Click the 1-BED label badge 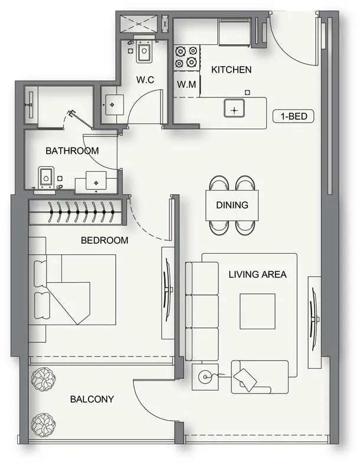pyautogui.click(x=293, y=116)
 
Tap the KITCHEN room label pyautogui.click(x=231, y=70)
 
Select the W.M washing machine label pyautogui.click(x=186, y=85)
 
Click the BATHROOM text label pyautogui.click(x=72, y=151)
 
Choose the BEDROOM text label pyautogui.click(x=104, y=241)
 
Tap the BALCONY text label pyautogui.click(x=92, y=399)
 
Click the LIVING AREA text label pyautogui.click(x=258, y=274)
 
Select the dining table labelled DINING pyautogui.click(x=232, y=205)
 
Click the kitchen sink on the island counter pyautogui.click(x=234, y=109)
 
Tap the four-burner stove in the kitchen pyautogui.click(x=185, y=57)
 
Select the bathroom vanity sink pyautogui.click(x=97, y=181)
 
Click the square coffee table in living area pyautogui.click(x=257, y=311)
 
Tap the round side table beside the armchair pyautogui.click(x=205, y=375)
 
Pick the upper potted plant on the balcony pyautogui.click(x=42, y=379)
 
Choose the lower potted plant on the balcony pyautogui.click(x=42, y=423)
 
